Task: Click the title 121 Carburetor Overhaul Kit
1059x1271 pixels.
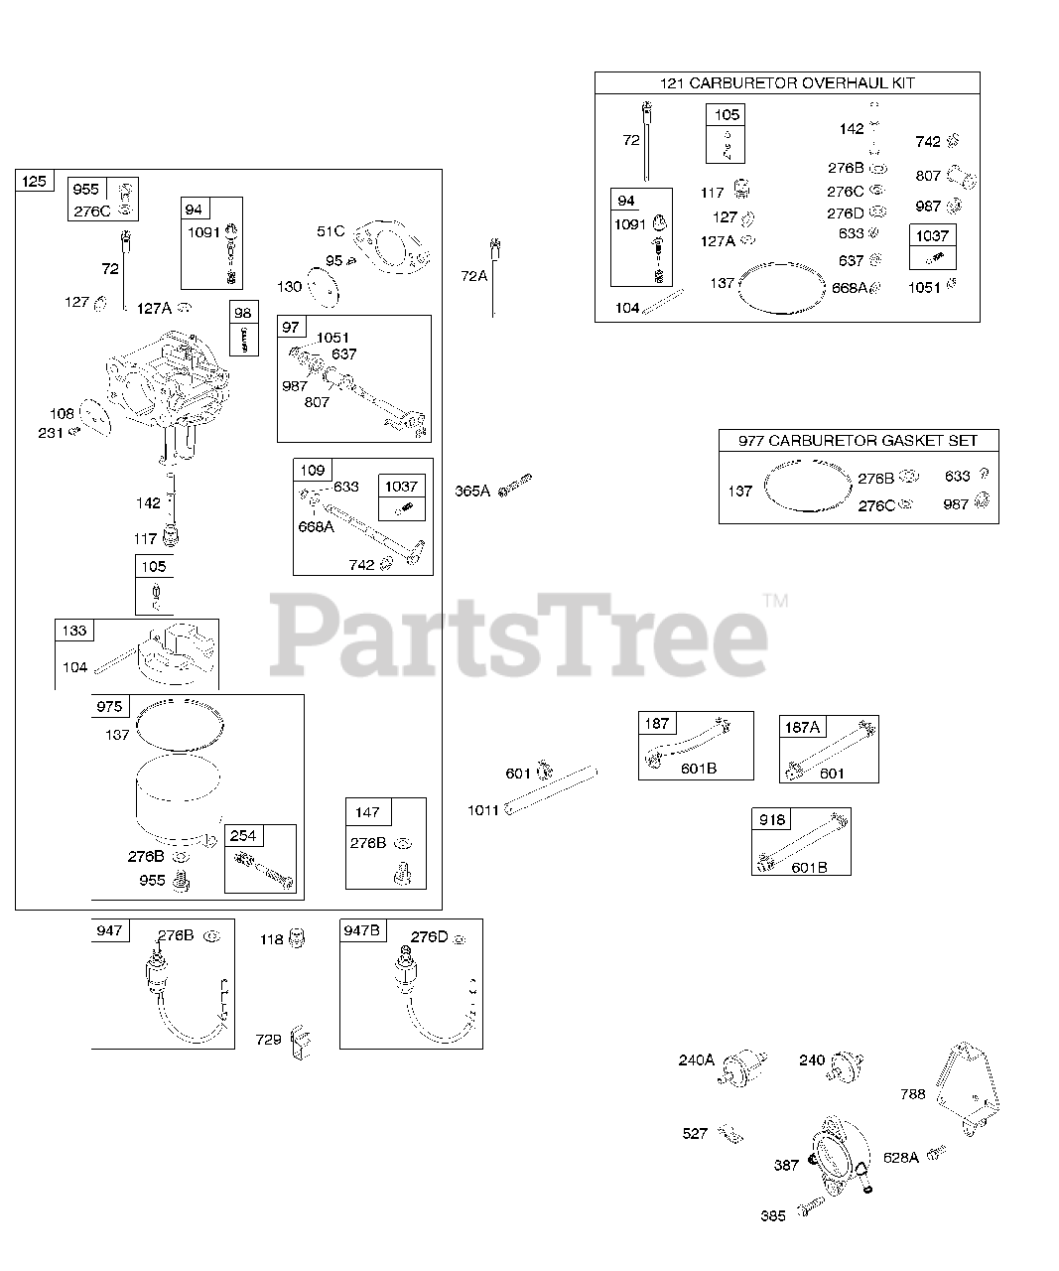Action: tap(786, 83)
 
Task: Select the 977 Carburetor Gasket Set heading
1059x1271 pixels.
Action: tap(858, 440)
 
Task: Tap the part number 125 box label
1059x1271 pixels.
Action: tap(34, 181)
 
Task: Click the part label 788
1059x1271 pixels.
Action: tap(912, 1093)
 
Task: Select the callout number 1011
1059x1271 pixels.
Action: tap(483, 810)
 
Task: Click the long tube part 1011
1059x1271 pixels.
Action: tap(553, 789)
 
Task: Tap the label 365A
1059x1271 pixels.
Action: tap(472, 491)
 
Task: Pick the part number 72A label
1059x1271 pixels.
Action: tap(474, 275)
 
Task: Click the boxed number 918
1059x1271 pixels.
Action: tap(772, 819)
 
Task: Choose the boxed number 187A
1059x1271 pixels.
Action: tap(802, 727)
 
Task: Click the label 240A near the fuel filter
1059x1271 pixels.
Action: tap(696, 1060)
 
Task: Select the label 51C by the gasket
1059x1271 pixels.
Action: tap(331, 231)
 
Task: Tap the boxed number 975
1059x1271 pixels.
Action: tap(109, 706)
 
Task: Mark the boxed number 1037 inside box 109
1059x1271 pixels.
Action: tap(402, 486)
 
